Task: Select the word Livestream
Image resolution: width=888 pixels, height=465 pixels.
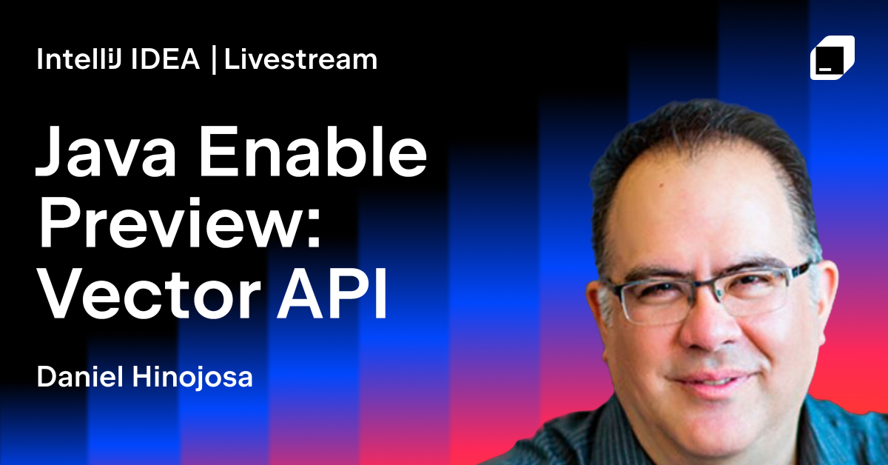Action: point(300,60)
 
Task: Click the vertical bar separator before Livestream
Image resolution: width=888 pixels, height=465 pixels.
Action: point(213,60)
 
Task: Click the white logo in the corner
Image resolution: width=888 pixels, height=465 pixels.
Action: point(832,57)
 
